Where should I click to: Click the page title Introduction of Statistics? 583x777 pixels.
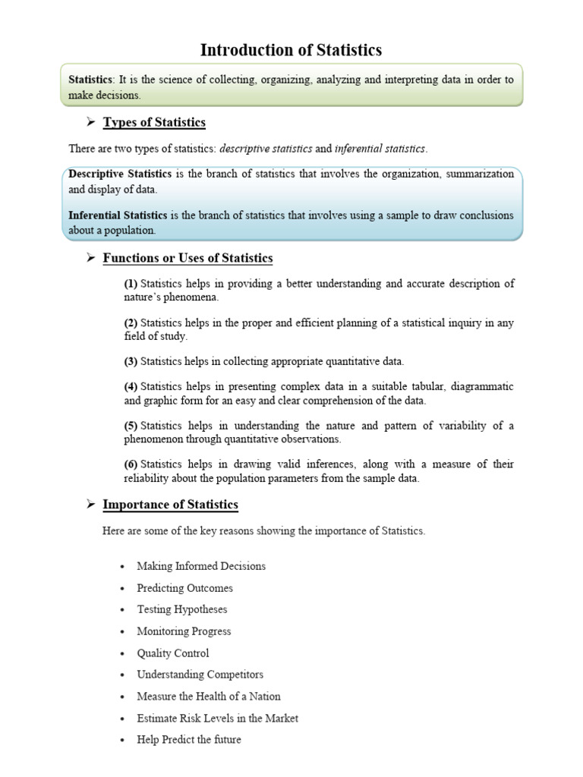point(291,51)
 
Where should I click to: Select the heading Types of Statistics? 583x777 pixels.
point(154,122)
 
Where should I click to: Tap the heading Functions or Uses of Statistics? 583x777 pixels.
point(188,258)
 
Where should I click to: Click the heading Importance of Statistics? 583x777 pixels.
point(170,505)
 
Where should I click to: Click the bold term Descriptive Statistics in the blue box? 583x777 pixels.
point(120,174)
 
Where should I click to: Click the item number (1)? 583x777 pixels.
point(131,284)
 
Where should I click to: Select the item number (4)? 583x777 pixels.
point(131,386)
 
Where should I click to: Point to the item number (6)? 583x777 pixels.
point(131,464)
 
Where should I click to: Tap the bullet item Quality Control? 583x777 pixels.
point(172,653)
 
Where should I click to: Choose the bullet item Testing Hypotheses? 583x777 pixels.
point(181,609)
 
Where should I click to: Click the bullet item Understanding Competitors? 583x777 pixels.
point(200,675)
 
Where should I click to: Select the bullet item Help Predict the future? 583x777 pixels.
point(188,739)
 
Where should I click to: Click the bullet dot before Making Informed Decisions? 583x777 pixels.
point(121,567)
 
